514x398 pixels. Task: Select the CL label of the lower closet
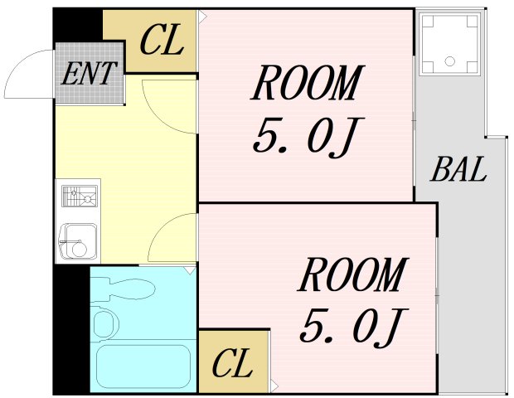click(232, 363)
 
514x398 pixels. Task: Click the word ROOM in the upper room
click(308, 84)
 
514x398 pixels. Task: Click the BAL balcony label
click(458, 171)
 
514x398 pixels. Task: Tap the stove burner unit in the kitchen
click(78, 197)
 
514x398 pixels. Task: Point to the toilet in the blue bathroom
click(106, 323)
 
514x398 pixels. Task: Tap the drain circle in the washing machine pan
click(449, 61)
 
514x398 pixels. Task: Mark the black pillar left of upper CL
click(79, 25)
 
